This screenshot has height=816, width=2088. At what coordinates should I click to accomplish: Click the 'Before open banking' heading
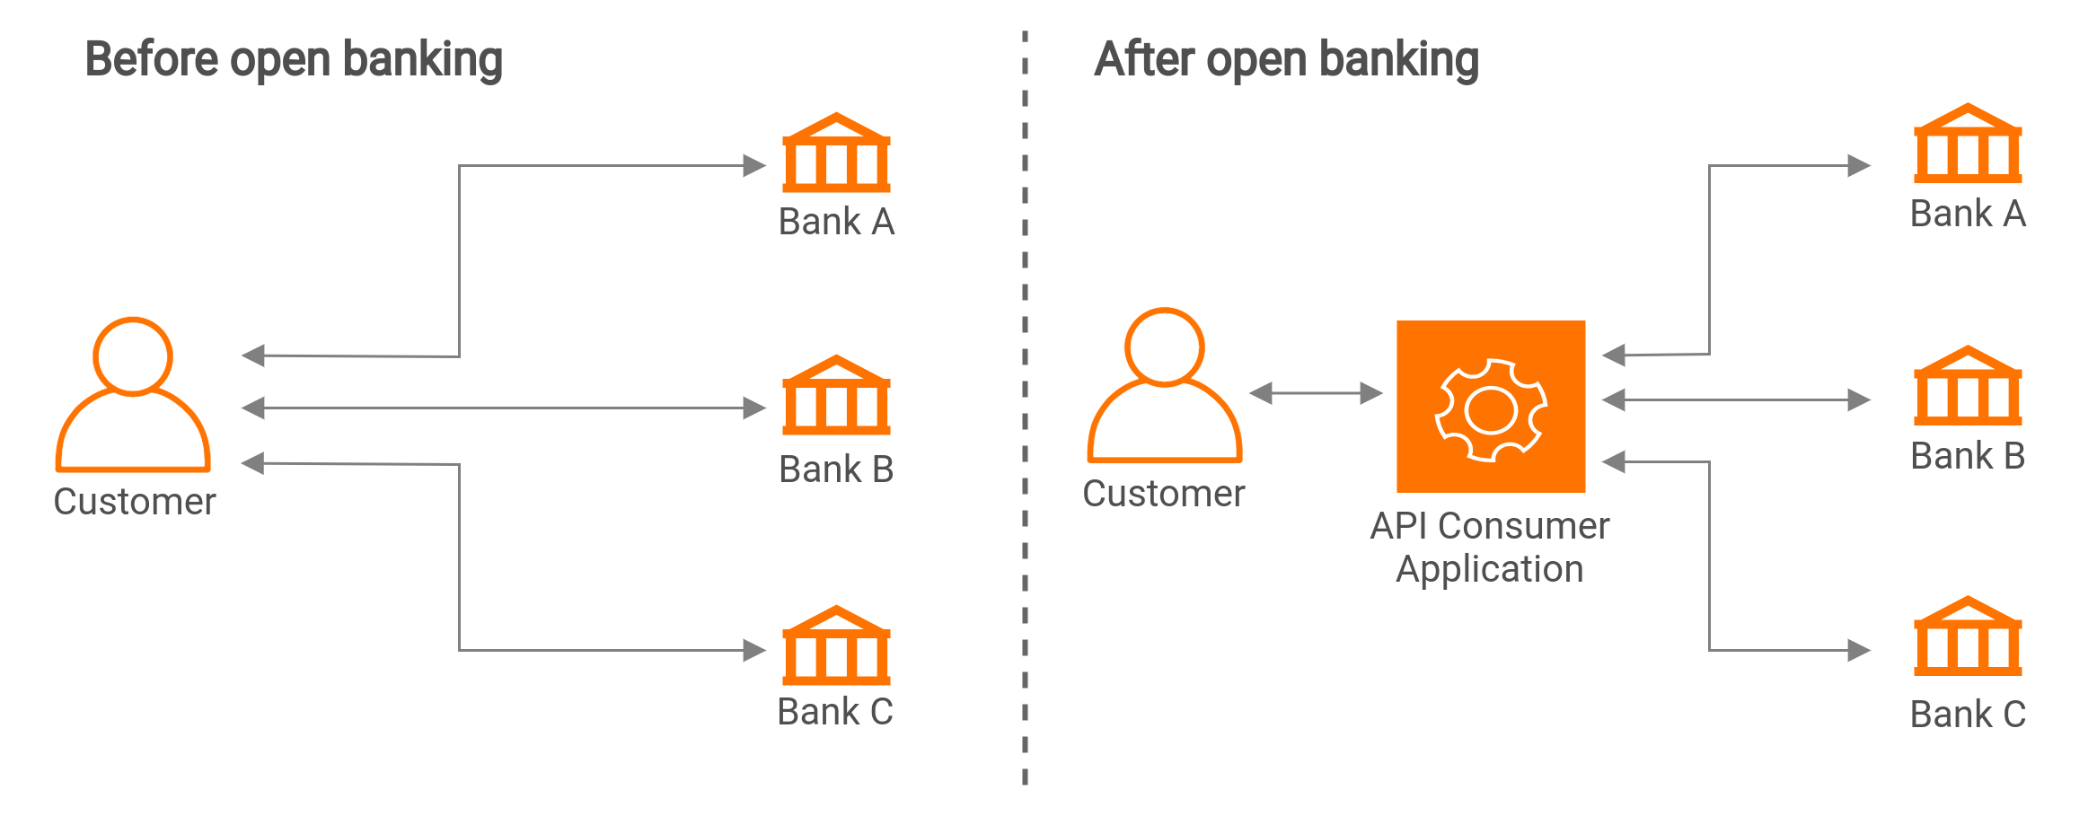pyautogui.click(x=294, y=60)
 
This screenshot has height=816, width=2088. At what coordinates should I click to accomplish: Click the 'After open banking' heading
pyautogui.click(x=1286, y=60)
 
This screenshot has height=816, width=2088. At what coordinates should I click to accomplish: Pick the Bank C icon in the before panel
pyautogui.click(x=836, y=645)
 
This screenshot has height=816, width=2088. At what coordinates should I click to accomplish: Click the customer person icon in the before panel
pyautogui.click(x=133, y=395)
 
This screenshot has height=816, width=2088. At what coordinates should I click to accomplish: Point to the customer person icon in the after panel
pyautogui.click(x=1165, y=386)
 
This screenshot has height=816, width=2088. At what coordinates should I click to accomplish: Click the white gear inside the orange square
pyautogui.click(x=1491, y=410)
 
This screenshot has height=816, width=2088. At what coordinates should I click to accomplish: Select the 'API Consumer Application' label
pyautogui.click(x=1490, y=547)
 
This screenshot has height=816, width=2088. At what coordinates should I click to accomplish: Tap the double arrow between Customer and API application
pyautogui.click(x=1316, y=393)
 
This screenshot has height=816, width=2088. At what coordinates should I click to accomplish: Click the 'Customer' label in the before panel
pyautogui.click(x=135, y=502)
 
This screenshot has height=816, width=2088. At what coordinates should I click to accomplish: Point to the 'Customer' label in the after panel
pyautogui.click(x=1164, y=494)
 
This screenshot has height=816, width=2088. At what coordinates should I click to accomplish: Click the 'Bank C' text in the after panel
pyautogui.click(x=1968, y=715)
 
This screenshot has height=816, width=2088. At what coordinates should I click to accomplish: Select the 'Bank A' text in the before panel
pyautogui.click(x=836, y=222)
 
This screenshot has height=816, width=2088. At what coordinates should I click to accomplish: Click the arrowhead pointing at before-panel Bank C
pyautogui.click(x=754, y=650)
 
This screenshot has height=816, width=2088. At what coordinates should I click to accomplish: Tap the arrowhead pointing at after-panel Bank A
pyautogui.click(x=1859, y=166)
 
